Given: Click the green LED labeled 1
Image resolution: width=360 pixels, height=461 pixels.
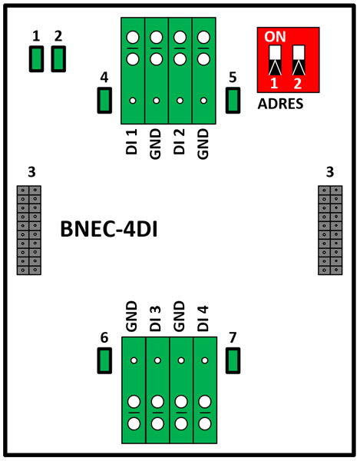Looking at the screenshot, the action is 36,59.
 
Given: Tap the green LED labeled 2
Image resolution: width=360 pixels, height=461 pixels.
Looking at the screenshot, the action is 58,59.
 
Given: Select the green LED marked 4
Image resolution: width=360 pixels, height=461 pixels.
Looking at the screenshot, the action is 104,100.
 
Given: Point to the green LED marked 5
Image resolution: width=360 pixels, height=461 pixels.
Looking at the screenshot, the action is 233,100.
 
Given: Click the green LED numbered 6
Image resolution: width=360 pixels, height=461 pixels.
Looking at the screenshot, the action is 104,361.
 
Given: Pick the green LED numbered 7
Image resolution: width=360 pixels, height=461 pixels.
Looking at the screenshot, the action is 233,361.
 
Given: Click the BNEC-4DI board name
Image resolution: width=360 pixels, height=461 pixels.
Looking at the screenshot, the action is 109,229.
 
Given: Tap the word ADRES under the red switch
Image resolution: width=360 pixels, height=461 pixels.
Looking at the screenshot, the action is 280,104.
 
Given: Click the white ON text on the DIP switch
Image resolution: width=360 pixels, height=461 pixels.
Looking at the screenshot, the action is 275,36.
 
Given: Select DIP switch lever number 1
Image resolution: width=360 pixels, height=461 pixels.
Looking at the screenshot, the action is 275,60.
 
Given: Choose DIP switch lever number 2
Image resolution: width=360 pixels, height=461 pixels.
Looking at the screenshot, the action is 299,60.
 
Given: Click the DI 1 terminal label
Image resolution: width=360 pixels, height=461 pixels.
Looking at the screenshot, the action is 132,141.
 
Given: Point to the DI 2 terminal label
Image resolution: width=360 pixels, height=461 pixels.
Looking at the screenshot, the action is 179,141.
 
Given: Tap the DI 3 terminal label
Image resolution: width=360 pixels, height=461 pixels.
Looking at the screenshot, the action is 155,319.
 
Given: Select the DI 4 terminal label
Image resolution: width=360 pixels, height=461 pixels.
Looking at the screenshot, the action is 203,319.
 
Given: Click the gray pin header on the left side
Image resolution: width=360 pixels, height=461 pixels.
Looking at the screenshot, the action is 28,230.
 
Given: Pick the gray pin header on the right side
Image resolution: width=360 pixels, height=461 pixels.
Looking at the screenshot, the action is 330,230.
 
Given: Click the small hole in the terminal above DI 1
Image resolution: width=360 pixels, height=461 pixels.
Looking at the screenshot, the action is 133,101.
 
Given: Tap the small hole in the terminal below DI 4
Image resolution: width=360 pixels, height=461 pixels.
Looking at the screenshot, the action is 205,360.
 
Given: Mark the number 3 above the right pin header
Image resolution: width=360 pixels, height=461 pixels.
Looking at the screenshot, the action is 330,172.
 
